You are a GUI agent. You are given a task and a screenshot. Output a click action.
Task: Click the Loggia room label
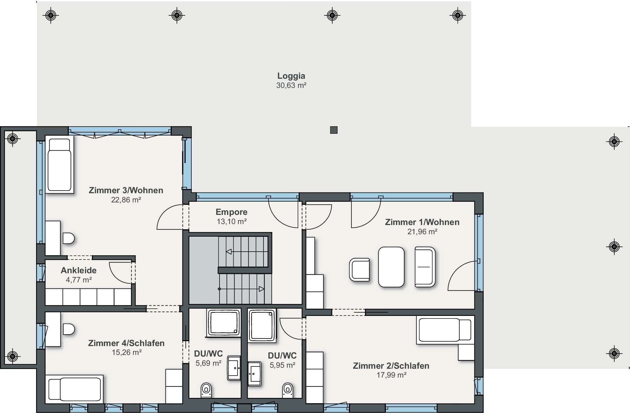[x=291, y=76]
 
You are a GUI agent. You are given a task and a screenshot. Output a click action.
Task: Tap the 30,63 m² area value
[x=291, y=86]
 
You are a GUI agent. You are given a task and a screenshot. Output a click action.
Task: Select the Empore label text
[x=231, y=212]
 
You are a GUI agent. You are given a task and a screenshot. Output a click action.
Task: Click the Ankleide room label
[x=79, y=270]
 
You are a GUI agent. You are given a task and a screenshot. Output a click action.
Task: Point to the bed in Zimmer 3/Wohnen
[x=59, y=165]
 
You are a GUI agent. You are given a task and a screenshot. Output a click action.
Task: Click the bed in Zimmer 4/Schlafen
[x=74, y=389]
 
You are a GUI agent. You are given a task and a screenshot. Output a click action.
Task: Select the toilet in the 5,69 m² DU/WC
[x=206, y=390]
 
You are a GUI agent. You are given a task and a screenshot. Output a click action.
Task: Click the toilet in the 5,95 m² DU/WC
[x=287, y=390]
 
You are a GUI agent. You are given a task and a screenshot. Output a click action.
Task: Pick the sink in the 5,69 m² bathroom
[x=234, y=368]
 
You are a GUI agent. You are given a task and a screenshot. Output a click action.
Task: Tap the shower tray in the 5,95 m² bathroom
[x=262, y=325]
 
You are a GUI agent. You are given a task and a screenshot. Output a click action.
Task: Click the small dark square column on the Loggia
[x=334, y=130]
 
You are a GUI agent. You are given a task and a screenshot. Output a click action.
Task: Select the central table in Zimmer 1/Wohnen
[x=391, y=267]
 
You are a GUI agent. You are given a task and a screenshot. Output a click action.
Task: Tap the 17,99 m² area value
[x=391, y=375]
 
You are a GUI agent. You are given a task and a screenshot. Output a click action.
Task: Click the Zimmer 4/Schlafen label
[x=126, y=343]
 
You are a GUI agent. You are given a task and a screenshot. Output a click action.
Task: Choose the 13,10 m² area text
[x=232, y=222]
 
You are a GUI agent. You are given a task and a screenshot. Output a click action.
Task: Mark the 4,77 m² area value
[x=79, y=280]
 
